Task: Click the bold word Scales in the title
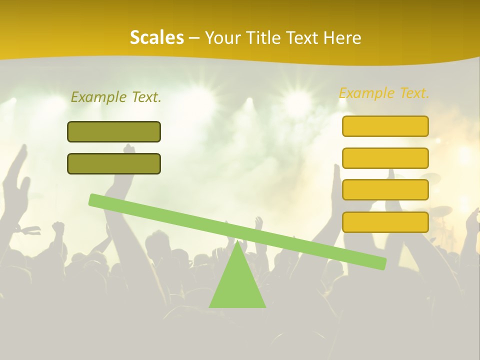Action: [156, 37]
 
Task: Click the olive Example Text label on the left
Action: [116, 97]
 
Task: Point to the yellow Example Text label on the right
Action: [384, 93]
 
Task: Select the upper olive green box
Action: [114, 131]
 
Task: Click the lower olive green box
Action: [114, 163]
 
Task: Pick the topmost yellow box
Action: [385, 126]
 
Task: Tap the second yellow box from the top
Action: [385, 158]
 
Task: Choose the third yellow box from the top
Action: [385, 189]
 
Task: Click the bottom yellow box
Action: [385, 222]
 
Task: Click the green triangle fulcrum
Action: [237, 285]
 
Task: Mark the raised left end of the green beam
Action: [93, 199]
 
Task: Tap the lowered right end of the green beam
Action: [382, 263]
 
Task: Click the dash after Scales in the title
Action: [194, 38]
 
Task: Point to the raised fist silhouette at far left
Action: [58, 227]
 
